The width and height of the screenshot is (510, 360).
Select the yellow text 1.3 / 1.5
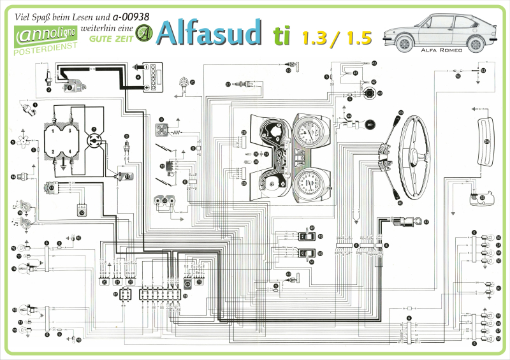tap(337, 38)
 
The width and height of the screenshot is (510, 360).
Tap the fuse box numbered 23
tap(161, 295)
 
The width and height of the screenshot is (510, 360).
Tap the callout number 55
tap(482, 198)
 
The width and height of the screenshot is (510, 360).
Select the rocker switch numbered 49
tap(305, 234)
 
